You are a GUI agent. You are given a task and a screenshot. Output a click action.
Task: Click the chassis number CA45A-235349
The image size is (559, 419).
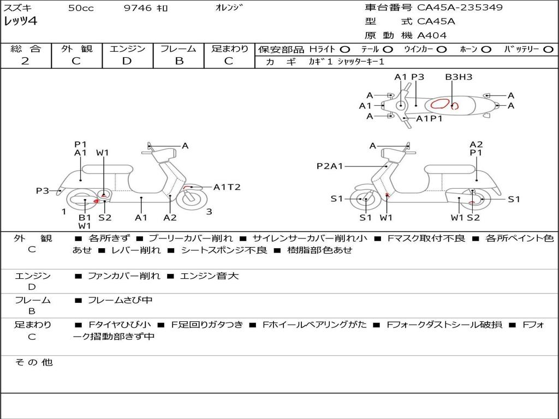pyautogui.click(x=460, y=8)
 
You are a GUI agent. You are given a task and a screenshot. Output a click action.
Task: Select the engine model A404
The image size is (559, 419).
pyautogui.click(x=432, y=35)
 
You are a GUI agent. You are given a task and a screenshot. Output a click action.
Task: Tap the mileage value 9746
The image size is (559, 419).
pyautogui.click(x=138, y=8)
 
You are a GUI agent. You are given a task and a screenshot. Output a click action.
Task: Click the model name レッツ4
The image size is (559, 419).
pyautogui.click(x=20, y=22)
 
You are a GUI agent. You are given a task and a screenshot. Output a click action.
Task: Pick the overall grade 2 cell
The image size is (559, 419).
pyautogui.click(x=25, y=61)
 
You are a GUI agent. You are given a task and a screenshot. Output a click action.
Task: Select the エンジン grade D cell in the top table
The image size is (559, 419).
pyautogui.click(x=127, y=61)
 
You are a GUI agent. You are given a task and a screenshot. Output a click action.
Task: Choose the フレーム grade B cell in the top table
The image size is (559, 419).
pyautogui.click(x=179, y=61)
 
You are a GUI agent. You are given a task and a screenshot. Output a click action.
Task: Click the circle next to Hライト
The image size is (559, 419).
pyautogui.click(x=345, y=49)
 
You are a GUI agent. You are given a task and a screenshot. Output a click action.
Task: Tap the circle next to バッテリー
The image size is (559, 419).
pyautogui.click(x=548, y=49)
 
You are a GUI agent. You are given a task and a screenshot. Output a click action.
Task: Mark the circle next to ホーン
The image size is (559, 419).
pyautogui.click(x=486, y=49)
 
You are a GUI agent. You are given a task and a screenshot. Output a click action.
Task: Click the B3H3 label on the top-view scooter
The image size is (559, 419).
pyautogui.click(x=459, y=77)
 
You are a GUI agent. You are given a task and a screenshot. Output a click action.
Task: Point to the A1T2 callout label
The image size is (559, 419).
pyautogui.click(x=227, y=187)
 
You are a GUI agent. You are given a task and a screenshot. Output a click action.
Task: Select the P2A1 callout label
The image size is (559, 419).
pyautogui.click(x=330, y=166)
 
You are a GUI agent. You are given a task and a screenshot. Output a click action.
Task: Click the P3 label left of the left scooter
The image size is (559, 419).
pyautogui.click(x=43, y=190)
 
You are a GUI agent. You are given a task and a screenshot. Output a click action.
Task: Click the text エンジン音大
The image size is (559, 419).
pyautogui.click(x=209, y=276)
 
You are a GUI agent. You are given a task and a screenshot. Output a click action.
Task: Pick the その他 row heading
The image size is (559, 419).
pyautogui.click(x=33, y=362)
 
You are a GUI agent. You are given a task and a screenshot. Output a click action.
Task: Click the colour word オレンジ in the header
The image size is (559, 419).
pyautogui.click(x=228, y=8)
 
